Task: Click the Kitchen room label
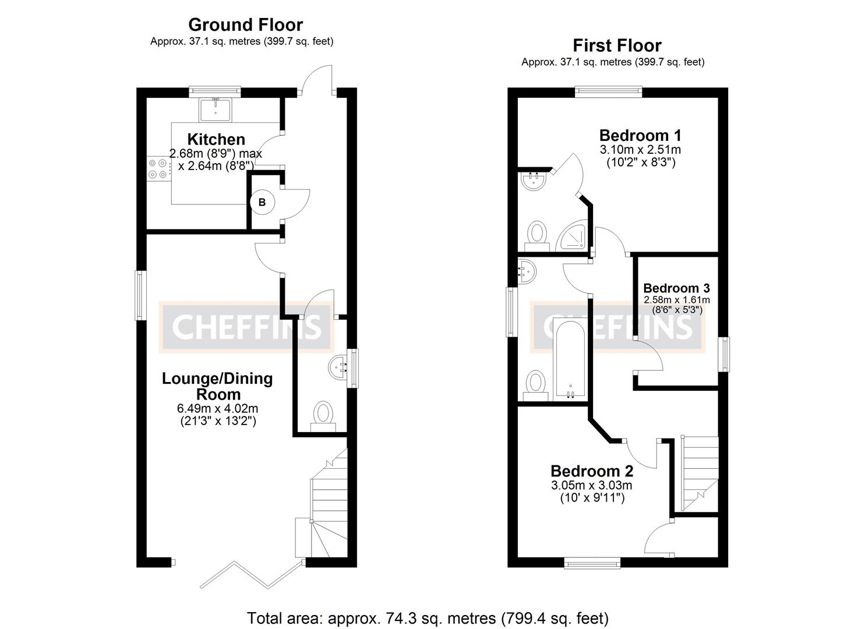point(216,140)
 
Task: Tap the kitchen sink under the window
point(216,109)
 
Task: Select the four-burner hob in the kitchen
point(158,169)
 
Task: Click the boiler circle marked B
point(262,202)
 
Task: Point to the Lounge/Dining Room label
point(217,386)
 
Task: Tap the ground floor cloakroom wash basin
point(339,367)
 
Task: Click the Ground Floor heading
point(245,25)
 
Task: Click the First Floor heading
point(617,45)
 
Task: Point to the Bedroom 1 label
point(640,135)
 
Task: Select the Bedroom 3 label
point(676,288)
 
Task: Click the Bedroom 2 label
point(592,471)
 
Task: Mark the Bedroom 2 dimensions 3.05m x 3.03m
point(592,485)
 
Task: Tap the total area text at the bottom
point(428,617)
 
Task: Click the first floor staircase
point(700,472)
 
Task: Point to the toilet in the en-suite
point(536,234)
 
